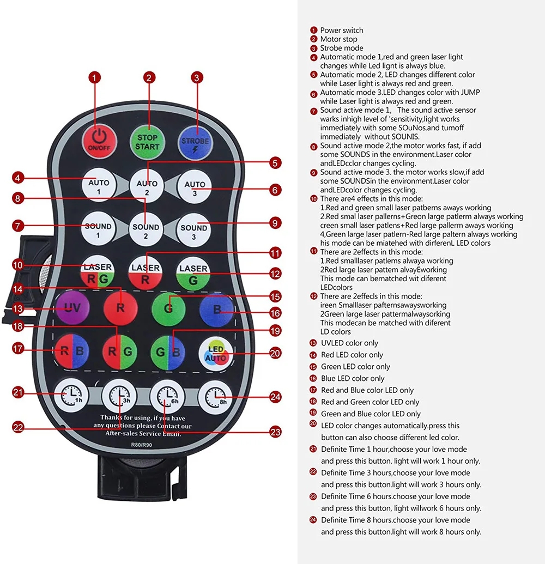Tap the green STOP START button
[x=148, y=142]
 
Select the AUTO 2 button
[x=146, y=187]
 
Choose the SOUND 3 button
[x=194, y=232]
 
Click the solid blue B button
[x=216, y=310]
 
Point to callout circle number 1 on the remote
[x=95, y=78]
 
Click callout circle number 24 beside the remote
[x=276, y=397]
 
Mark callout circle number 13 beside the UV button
[x=19, y=308]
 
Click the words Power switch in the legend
[x=341, y=30]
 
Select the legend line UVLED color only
[x=349, y=343]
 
